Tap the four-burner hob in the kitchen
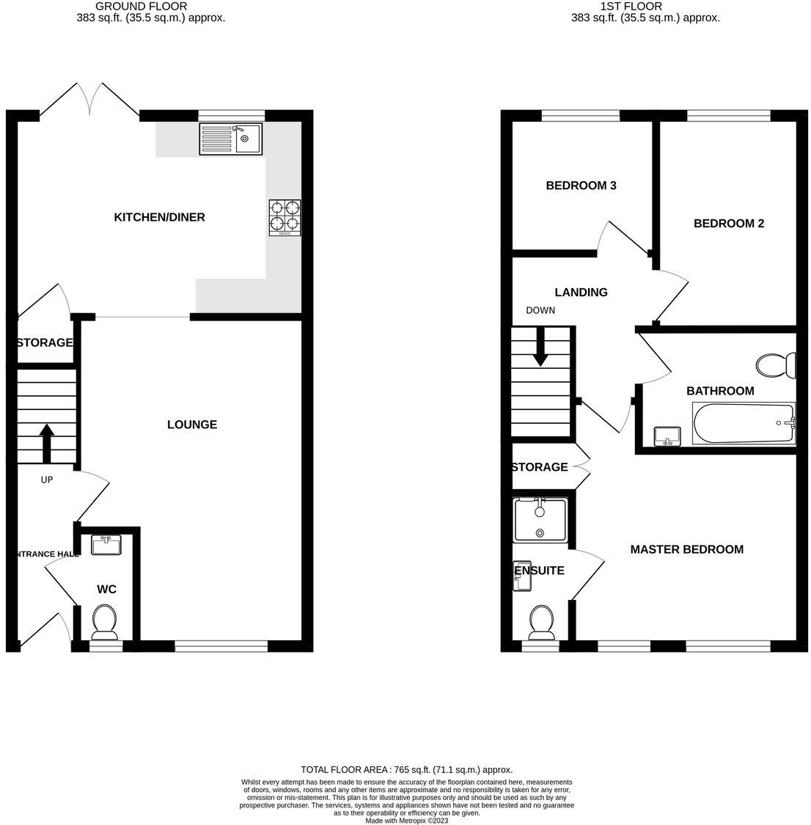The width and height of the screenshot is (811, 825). coord(285,217)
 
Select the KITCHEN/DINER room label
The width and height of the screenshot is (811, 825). coord(159,217)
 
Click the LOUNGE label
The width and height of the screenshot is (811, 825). coord(192,425)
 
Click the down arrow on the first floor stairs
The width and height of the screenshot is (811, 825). coord(540,348)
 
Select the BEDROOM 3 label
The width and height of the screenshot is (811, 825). coord(581,186)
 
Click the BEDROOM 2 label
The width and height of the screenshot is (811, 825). coord(729,224)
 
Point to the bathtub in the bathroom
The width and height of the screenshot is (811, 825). coord(744,424)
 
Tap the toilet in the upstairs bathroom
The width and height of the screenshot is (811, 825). coord(776,364)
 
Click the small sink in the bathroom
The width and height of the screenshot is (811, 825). coord(667,437)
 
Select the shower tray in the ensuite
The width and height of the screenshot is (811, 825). coord(540,520)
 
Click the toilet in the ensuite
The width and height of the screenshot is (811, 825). coord(543,621)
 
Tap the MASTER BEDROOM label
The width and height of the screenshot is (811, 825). coord(686,549)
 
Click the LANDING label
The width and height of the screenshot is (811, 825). coord(581,293)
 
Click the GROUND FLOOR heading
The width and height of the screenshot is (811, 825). coord(151,6)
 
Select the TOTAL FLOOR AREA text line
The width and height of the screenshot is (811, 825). coord(406,770)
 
